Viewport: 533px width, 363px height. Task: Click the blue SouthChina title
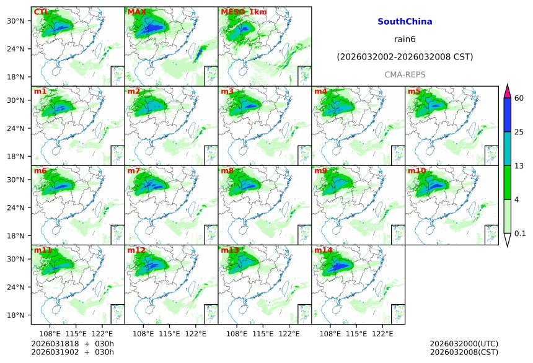coord(405,22)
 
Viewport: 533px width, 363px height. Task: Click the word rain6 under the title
coord(405,40)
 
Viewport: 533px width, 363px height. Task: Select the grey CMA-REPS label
coord(405,74)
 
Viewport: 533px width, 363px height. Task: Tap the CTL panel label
coord(40,12)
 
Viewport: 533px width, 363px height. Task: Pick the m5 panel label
coord(414,92)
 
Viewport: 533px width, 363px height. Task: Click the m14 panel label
coord(323,250)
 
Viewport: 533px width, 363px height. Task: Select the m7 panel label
coord(134,170)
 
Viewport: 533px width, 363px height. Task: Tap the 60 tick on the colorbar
coord(519,98)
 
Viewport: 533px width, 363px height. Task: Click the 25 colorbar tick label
coord(519,132)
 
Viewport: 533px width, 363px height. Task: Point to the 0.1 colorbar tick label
coord(520,234)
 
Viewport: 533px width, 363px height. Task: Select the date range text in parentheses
coord(405,57)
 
